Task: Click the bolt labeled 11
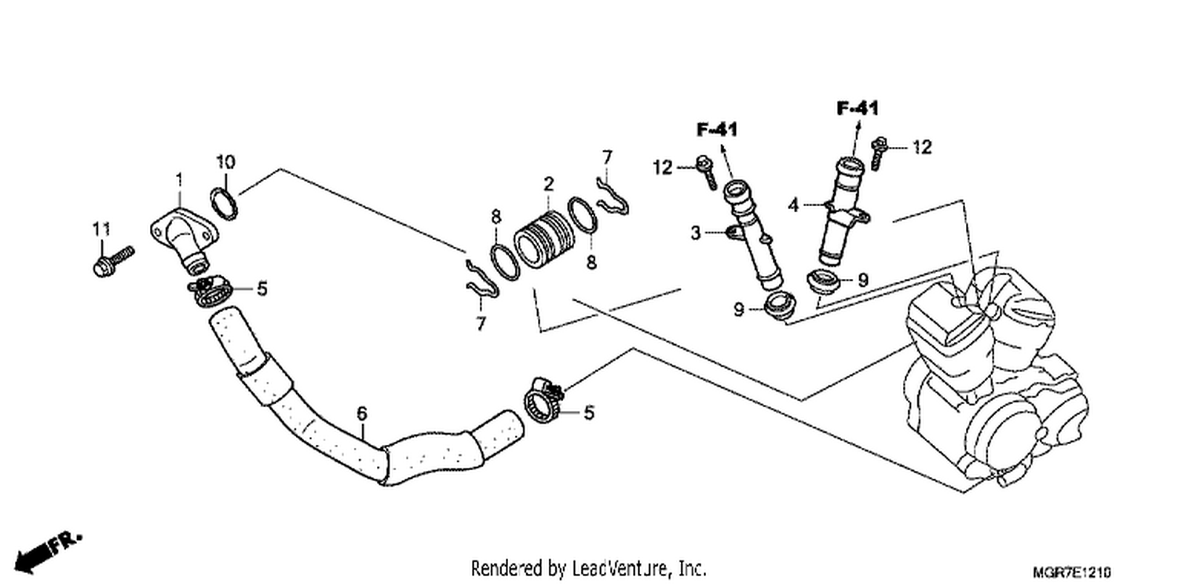pyautogui.click(x=113, y=262)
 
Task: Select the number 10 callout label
pyautogui.click(x=225, y=162)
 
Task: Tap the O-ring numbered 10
pyautogui.click(x=224, y=204)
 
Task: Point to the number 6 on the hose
pyautogui.click(x=362, y=413)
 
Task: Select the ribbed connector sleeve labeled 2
pyautogui.click(x=543, y=240)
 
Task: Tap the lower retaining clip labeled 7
pyautogui.click(x=481, y=279)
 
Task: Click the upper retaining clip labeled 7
pyautogui.click(x=613, y=199)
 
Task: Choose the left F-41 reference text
pyautogui.click(x=717, y=130)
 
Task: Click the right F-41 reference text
pyautogui.click(x=858, y=108)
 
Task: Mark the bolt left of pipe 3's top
pyautogui.click(x=706, y=171)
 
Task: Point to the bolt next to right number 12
pyautogui.click(x=879, y=153)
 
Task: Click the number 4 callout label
pyautogui.click(x=793, y=204)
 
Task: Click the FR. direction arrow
pyautogui.click(x=47, y=553)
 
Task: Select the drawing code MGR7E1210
pyautogui.click(x=1072, y=571)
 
